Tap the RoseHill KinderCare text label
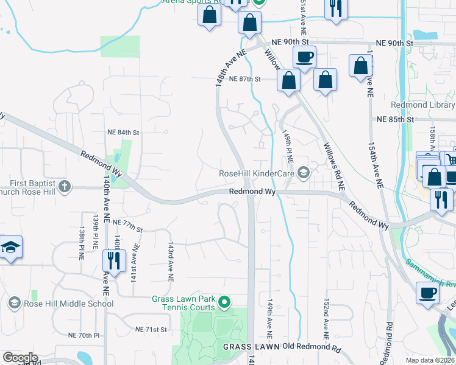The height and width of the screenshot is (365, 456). (x=257, y=174)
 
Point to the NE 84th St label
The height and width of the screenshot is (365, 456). (x=123, y=132)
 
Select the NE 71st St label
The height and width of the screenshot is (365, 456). (x=152, y=330)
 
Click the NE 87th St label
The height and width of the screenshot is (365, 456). (x=245, y=79)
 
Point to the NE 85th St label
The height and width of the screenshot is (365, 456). (x=395, y=120)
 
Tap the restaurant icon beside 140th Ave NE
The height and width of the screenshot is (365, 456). (x=113, y=262)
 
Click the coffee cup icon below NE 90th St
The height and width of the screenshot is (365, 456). (x=304, y=57)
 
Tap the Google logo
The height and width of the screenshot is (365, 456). (x=20, y=358)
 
